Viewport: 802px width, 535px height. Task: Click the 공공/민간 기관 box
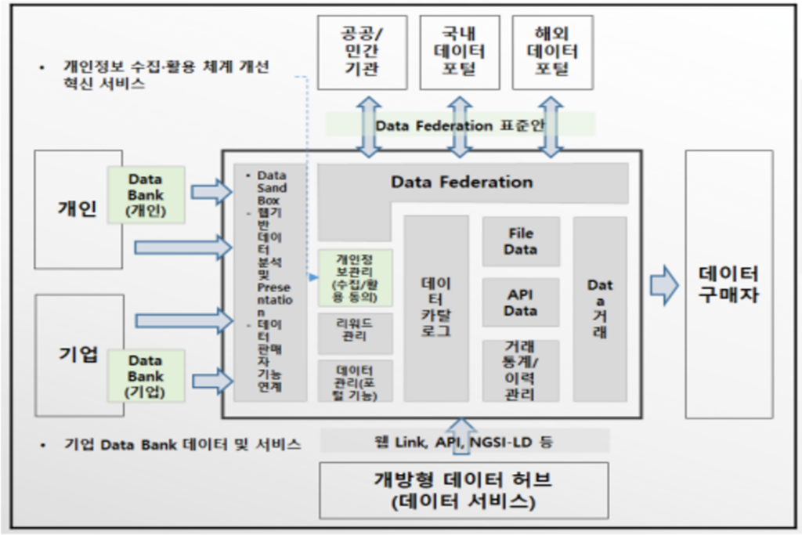tap(363, 52)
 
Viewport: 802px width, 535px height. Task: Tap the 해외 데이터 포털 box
tap(551, 52)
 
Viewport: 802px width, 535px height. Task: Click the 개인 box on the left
tap(78, 209)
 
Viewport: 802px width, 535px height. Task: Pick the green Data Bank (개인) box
tap(146, 194)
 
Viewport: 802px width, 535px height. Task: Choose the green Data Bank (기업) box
tap(146, 376)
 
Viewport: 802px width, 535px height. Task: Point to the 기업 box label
tap(78, 354)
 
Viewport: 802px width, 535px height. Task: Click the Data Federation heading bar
tap(462, 183)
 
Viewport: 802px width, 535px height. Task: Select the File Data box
tap(521, 241)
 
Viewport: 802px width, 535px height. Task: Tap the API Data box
tap(521, 302)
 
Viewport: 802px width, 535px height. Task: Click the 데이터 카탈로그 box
tap(436, 308)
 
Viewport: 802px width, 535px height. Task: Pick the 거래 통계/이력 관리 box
tap(521, 370)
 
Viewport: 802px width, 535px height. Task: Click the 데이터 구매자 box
tap(728, 284)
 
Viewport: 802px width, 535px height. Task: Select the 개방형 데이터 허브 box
tap(464, 490)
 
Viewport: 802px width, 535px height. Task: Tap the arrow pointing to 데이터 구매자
tap(664, 284)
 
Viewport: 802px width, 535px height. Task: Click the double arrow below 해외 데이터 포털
tap(551, 125)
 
